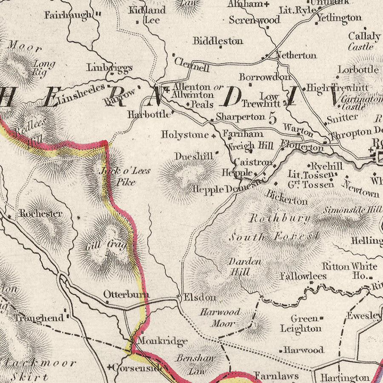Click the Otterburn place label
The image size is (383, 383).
tap(126, 294)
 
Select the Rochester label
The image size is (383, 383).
tap(41, 213)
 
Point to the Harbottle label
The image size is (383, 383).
tap(149, 114)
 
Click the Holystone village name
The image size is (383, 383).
tap(185, 135)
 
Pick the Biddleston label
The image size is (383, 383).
tap(217, 41)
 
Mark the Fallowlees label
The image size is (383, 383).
tap(303, 276)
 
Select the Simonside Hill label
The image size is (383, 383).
tap(352, 210)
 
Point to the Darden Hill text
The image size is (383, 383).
tap(245, 266)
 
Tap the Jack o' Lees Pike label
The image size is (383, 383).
tap(125, 177)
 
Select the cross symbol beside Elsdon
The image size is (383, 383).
tap(179, 297)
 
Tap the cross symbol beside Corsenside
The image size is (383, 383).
tap(109, 367)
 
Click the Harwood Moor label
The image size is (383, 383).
tap(220, 317)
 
